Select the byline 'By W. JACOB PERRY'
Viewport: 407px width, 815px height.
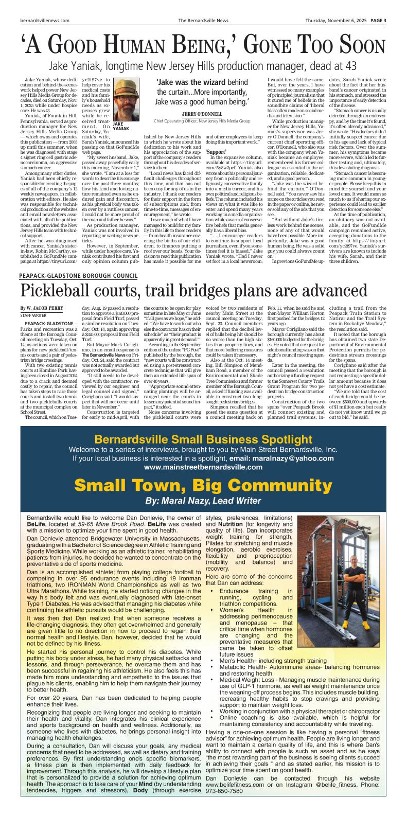[42, 307]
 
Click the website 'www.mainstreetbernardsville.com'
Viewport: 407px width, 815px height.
[203, 468]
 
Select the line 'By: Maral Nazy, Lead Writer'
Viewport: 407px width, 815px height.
[203, 500]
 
